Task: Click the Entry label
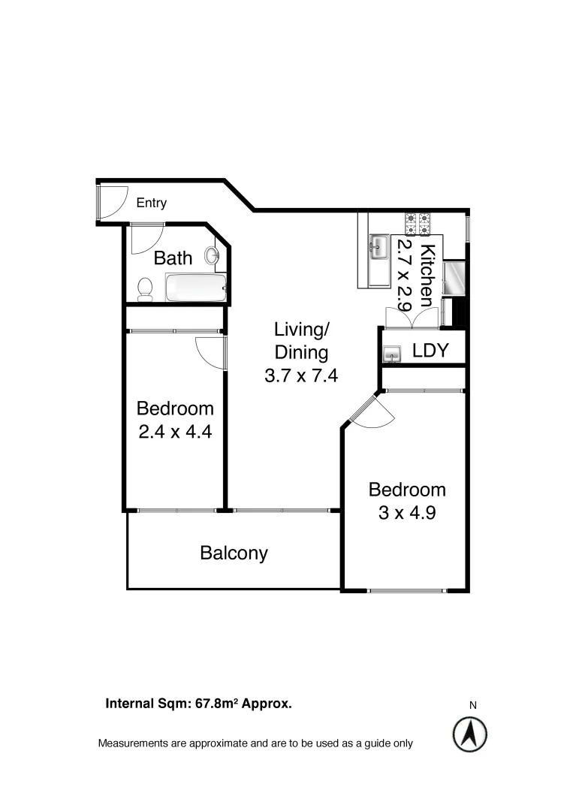click(x=151, y=203)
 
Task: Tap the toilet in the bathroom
click(x=145, y=288)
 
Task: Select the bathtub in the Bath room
click(x=195, y=288)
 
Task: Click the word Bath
click(x=173, y=258)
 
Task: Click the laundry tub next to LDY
click(x=392, y=352)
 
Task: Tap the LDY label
click(x=430, y=351)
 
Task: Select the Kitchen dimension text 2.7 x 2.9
click(x=406, y=276)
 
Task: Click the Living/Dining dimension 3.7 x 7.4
click(x=300, y=375)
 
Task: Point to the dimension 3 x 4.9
click(x=406, y=514)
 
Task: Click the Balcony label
click(x=234, y=553)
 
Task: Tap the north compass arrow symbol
click(x=470, y=734)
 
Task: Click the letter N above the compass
click(x=473, y=705)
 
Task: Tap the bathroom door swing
click(x=143, y=240)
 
